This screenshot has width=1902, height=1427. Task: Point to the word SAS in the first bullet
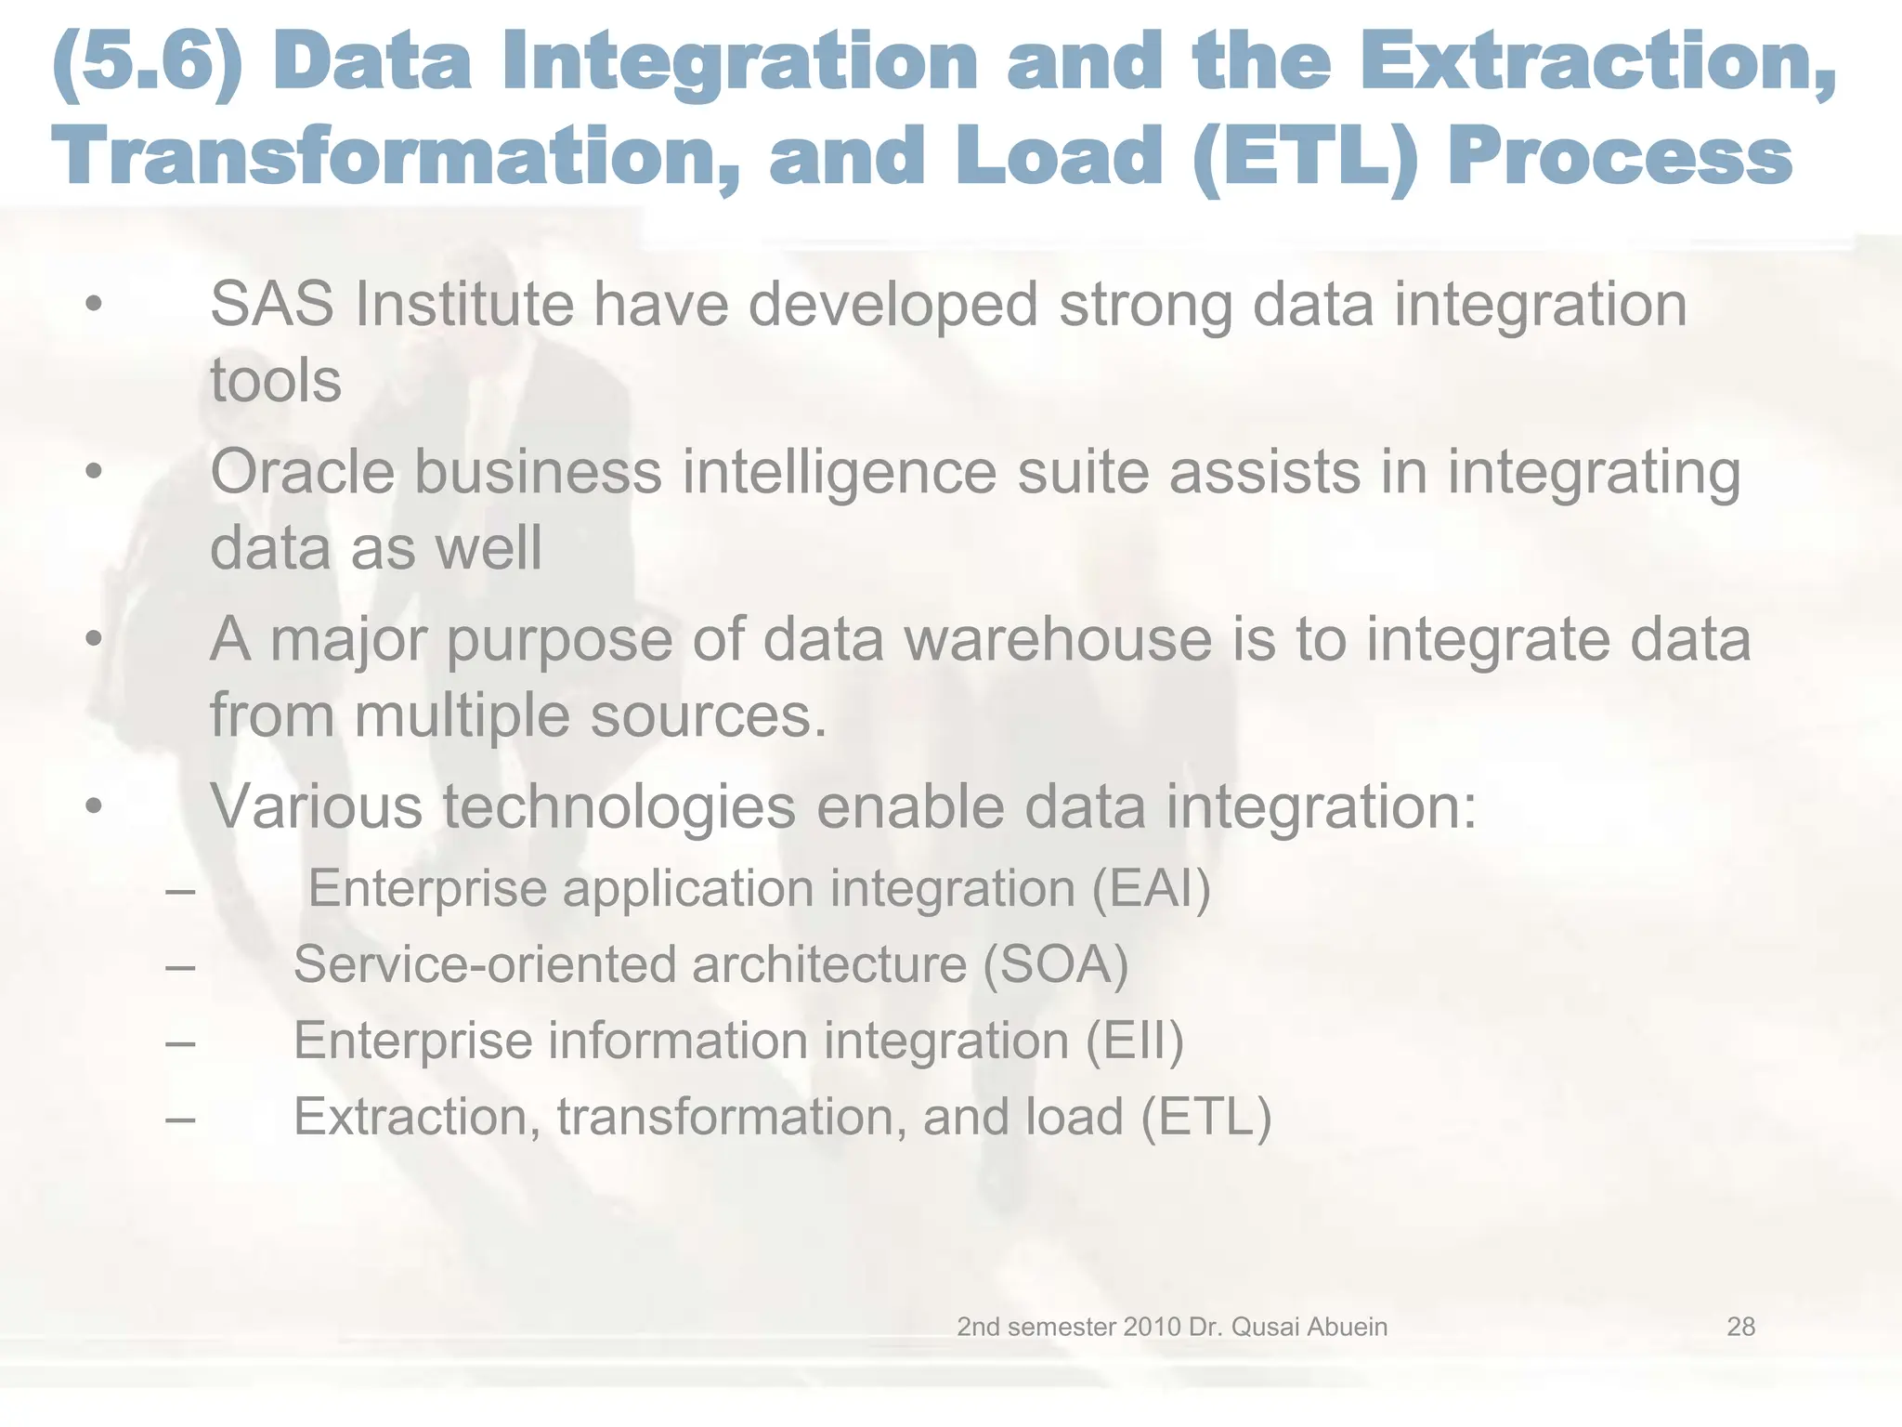pyautogui.click(x=272, y=305)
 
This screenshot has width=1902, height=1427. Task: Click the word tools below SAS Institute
pyautogui.click(x=276, y=381)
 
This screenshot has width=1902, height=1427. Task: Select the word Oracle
pyautogui.click(x=303, y=472)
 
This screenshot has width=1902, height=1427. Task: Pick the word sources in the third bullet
pyautogui.click(x=707, y=716)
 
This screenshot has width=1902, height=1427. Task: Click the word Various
pyautogui.click(x=317, y=806)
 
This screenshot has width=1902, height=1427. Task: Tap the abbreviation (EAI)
pyautogui.click(x=1152, y=888)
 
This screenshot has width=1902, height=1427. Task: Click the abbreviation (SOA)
pyautogui.click(x=1056, y=964)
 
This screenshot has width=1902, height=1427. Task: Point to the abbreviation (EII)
pyautogui.click(x=1135, y=1041)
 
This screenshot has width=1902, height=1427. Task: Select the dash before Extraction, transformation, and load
pyautogui.click(x=180, y=1119)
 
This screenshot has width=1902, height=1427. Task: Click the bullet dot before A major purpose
pyautogui.click(x=93, y=640)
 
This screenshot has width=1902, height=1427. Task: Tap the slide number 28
pyautogui.click(x=1740, y=1327)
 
